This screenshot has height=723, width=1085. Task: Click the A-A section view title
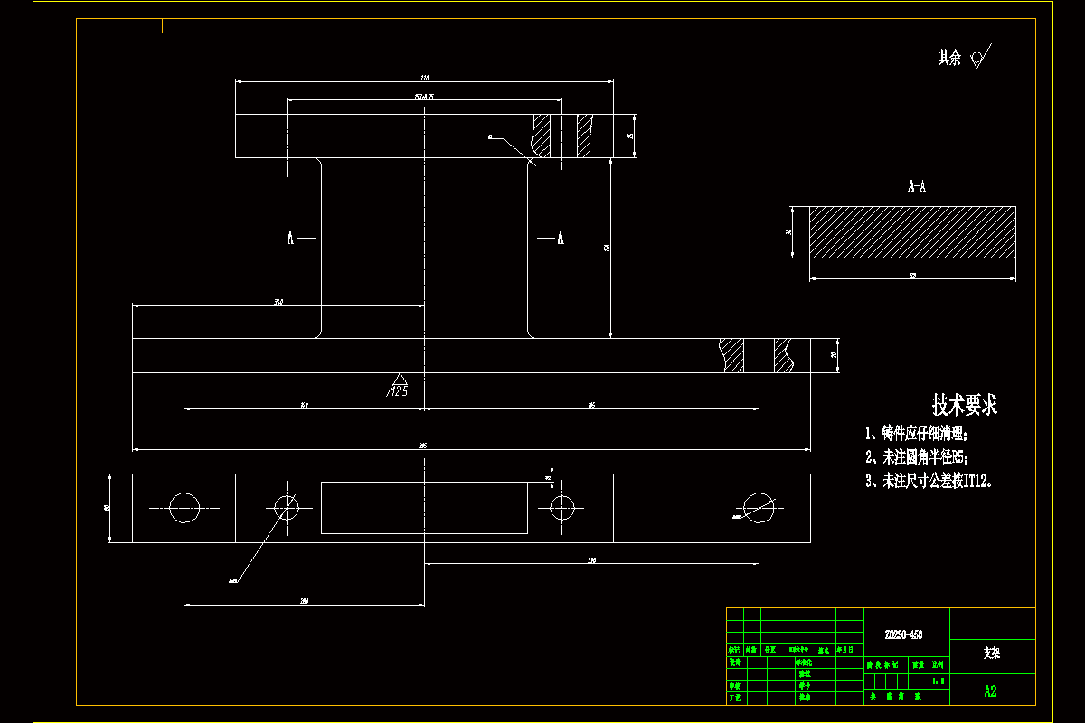click(x=916, y=187)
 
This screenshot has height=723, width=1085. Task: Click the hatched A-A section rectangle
click(x=911, y=231)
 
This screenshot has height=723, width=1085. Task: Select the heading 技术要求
click(x=965, y=404)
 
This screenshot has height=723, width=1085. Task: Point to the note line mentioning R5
click(x=921, y=457)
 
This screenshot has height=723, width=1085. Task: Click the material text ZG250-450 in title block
click(x=903, y=634)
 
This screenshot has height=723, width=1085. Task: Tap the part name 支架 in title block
click(x=992, y=652)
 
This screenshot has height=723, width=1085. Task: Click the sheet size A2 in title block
click(x=991, y=691)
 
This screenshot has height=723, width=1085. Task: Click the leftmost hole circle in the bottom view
click(x=184, y=508)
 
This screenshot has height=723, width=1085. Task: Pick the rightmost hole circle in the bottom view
click(x=759, y=508)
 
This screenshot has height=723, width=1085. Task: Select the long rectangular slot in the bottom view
click(x=424, y=507)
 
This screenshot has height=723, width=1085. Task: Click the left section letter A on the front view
click(x=290, y=239)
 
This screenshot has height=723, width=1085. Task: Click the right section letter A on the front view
click(x=561, y=239)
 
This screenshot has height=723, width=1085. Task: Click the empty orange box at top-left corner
click(x=119, y=25)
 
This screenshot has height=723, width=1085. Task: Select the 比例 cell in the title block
click(x=939, y=664)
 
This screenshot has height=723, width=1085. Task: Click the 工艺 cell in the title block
click(x=735, y=698)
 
